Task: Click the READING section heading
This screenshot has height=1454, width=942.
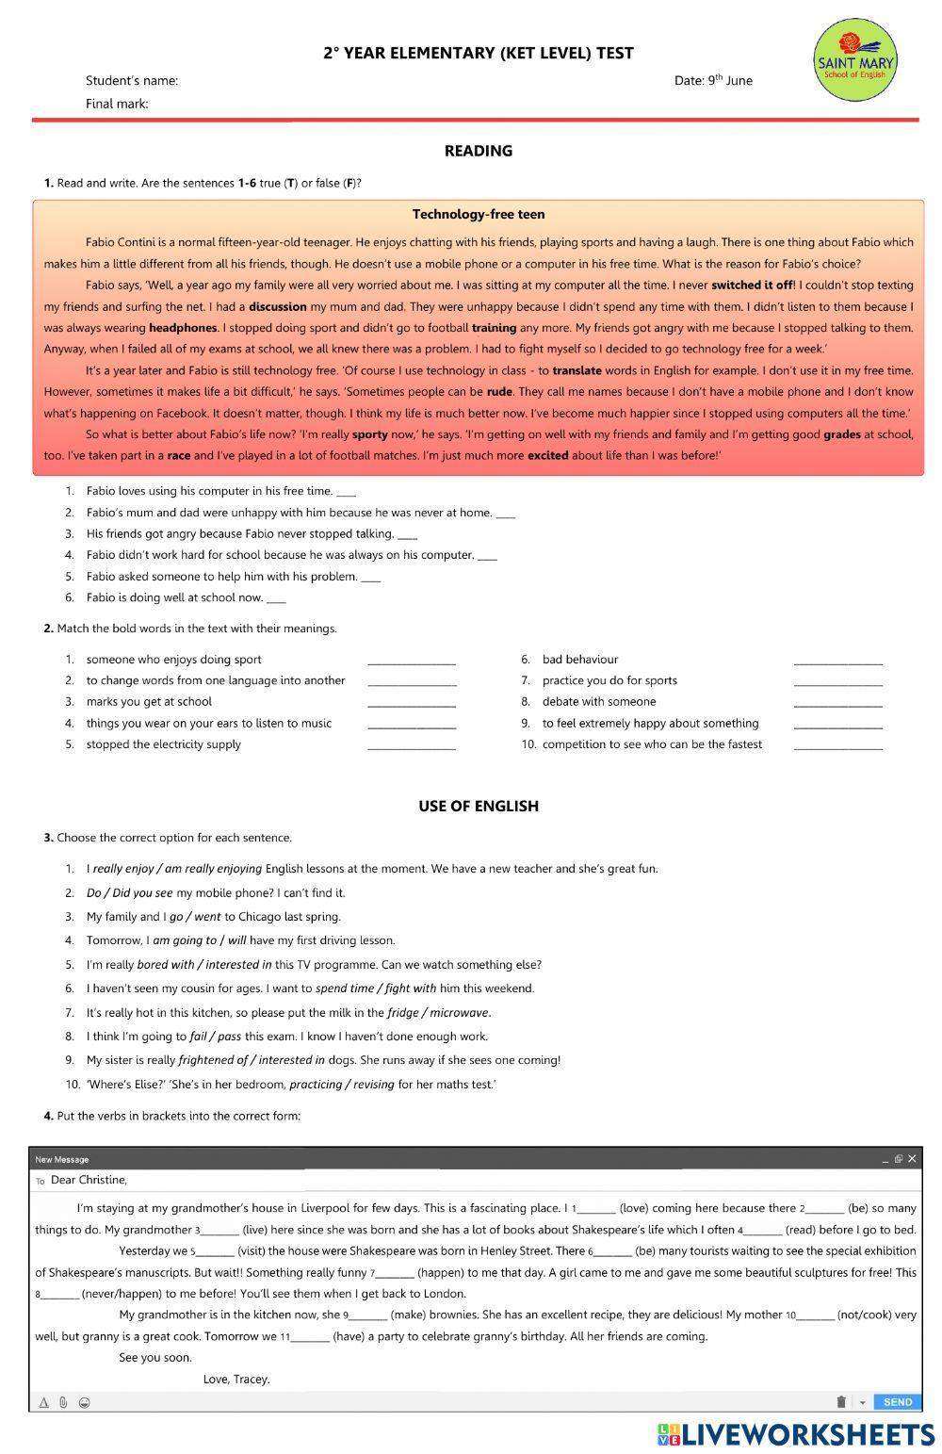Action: (x=478, y=151)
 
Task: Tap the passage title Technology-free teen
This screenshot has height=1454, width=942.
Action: (x=478, y=215)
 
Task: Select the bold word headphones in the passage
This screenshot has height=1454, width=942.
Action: (x=183, y=328)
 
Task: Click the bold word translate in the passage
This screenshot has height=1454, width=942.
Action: (x=577, y=370)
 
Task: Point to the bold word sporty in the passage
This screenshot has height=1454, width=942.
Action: (x=370, y=434)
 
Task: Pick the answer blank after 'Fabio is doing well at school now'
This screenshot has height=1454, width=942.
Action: (x=276, y=598)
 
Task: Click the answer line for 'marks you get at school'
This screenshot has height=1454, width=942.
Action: (x=412, y=703)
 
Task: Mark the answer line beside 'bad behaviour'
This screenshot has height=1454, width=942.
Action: (x=837, y=661)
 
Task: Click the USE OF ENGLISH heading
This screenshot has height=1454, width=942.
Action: (x=478, y=807)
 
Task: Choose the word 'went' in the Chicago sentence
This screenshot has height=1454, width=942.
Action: (x=207, y=917)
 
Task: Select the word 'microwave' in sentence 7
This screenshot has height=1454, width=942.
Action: (x=461, y=1013)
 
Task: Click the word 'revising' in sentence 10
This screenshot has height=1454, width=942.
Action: (x=374, y=1085)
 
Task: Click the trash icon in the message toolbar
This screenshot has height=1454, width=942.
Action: (x=841, y=1402)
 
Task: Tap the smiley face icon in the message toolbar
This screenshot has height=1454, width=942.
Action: (x=84, y=1402)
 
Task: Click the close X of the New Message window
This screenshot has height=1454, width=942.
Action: (x=911, y=1159)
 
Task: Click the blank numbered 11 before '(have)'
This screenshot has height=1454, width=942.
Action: (x=311, y=1337)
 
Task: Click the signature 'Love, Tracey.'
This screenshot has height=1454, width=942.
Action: (x=236, y=1380)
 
